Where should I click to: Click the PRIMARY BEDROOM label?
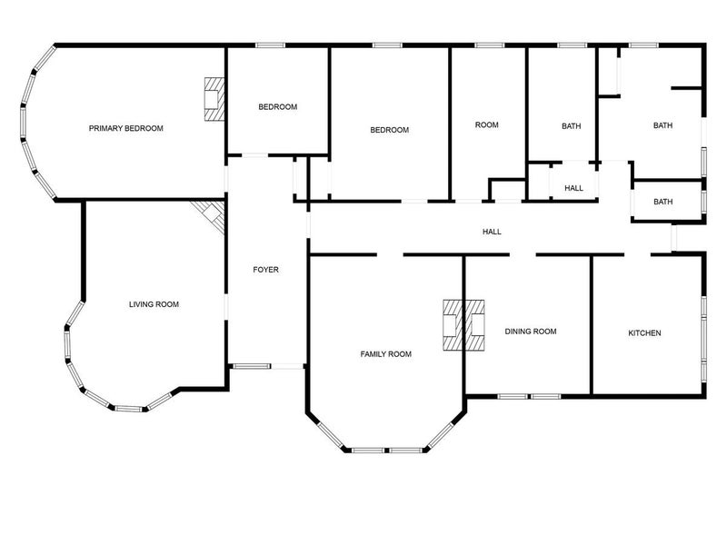126,128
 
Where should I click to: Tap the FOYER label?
265,270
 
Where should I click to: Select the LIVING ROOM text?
154,304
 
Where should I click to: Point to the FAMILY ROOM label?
385,354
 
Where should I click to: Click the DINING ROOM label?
531,332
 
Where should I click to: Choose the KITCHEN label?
644,333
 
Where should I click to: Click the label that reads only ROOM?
487,124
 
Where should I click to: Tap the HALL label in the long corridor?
492,232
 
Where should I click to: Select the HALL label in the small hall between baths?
574,188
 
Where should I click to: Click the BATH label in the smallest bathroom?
663,202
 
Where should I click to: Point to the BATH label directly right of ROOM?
572,126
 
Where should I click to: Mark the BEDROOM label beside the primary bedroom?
278,107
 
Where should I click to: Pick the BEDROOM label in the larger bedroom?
390,130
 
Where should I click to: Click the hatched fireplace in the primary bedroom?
214,99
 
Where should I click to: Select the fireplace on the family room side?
453,325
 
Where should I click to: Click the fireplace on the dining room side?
474,325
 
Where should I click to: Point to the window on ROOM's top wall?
489,45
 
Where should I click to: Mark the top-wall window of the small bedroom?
270,45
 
